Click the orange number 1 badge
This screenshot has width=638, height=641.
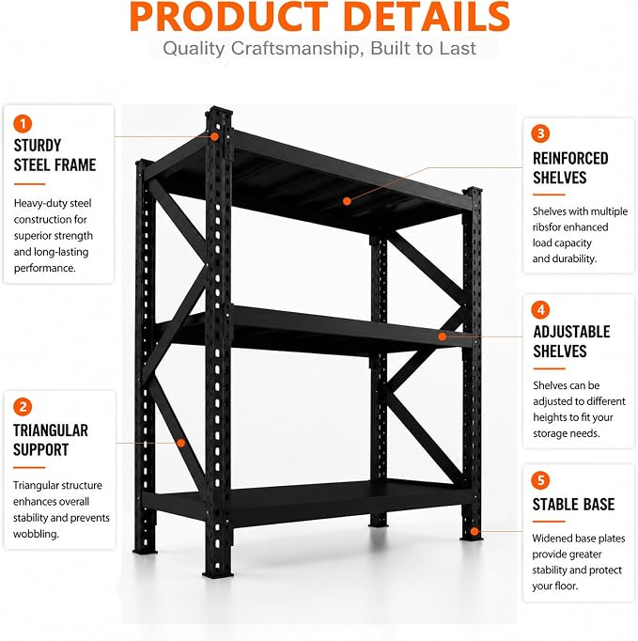pyautogui.click(x=23, y=123)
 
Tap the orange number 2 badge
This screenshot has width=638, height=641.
pyautogui.click(x=23, y=407)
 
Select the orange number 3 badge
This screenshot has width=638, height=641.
pyautogui.click(x=540, y=133)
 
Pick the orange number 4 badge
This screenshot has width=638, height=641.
pyautogui.click(x=540, y=310)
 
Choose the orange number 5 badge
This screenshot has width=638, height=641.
pyautogui.click(x=540, y=481)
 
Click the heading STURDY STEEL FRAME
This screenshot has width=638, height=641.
pyautogui.click(x=54, y=155)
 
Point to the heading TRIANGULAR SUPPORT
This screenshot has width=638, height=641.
pyautogui.click(x=51, y=440)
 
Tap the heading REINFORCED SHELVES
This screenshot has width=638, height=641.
pyautogui.click(x=570, y=168)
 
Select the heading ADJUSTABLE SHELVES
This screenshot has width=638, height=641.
pyautogui.click(x=571, y=342)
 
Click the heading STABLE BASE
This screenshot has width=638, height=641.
pyautogui.click(x=573, y=505)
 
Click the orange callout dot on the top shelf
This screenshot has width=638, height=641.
pyautogui.click(x=347, y=201)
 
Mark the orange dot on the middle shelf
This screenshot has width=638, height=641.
pyautogui.click(x=442, y=336)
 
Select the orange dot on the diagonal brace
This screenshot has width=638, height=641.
pyautogui.click(x=180, y=443)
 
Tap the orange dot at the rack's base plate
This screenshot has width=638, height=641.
pyautogui.click(x=475, y=531)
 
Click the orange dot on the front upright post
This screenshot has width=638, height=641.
pyautogui.click(x=214, y=136)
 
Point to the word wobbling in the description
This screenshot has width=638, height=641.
pyautogui.click(x=36, y=534)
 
